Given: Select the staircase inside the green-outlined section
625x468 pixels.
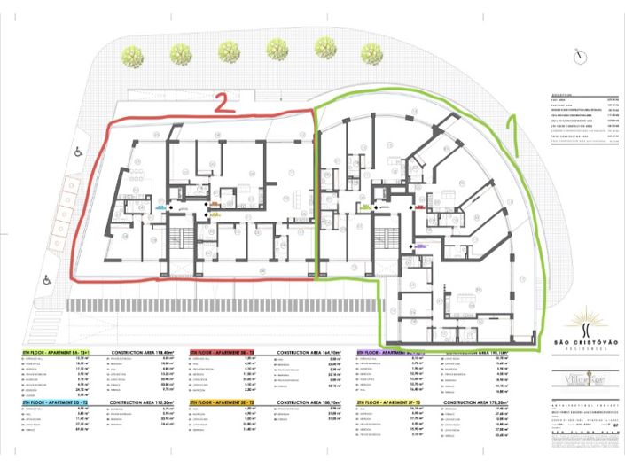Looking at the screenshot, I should click(387, 238).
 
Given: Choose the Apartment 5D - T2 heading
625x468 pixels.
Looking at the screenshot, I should click(50, 402).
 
